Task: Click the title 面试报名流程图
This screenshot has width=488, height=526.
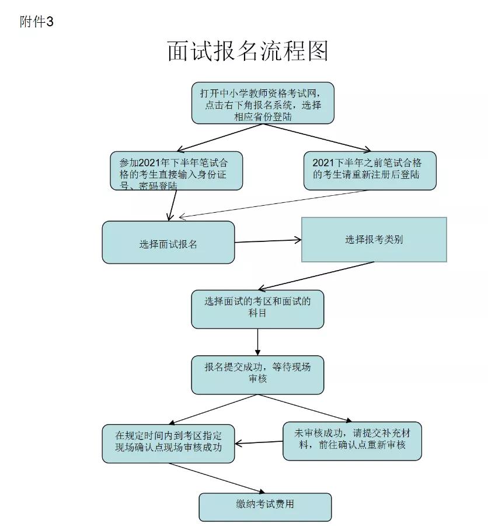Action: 248,51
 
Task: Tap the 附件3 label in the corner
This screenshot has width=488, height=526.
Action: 37,22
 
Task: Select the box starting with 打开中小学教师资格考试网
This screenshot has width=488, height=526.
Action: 263,103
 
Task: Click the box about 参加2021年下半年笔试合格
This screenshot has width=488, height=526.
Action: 176,171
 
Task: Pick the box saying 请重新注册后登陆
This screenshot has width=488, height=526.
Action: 370,171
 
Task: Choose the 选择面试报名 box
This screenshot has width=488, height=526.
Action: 168,242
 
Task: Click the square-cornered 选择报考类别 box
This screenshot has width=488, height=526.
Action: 374,240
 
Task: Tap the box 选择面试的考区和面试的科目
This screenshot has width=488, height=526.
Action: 257,309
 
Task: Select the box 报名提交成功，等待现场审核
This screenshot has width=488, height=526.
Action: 257,375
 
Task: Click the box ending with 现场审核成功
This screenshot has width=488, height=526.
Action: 168,444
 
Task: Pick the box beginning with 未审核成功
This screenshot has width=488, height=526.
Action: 352,441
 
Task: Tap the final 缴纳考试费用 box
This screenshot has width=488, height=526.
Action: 265,507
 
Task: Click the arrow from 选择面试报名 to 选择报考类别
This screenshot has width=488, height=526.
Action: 268,241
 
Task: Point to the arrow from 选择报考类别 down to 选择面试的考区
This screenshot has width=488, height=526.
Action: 316,276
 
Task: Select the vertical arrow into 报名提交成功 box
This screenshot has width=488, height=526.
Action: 257,342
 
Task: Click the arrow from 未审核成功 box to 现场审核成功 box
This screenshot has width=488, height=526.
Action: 259,442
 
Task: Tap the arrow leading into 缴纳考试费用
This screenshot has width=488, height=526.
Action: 217,478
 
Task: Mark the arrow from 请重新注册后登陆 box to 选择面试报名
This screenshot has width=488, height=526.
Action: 273,204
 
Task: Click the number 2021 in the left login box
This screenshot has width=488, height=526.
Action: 149,162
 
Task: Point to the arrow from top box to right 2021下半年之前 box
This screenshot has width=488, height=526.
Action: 317,137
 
